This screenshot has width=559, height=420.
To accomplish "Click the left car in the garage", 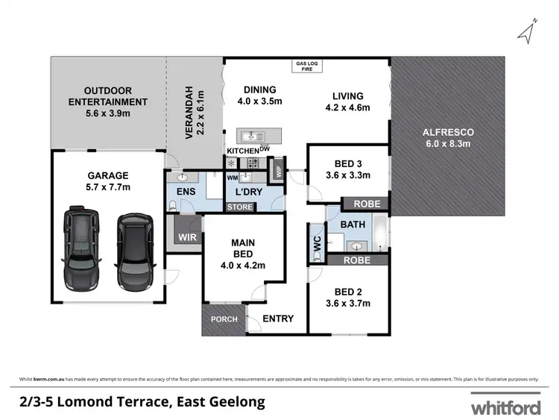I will point(80,250).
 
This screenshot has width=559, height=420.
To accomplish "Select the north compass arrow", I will point(528,30).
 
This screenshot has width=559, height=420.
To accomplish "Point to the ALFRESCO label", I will point(449,132).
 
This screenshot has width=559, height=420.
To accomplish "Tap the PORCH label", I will point(224,319).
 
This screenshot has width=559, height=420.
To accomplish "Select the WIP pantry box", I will point(279,169).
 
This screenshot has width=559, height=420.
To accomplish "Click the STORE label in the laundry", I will point(240,207).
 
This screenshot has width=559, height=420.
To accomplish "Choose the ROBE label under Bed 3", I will point(367,204).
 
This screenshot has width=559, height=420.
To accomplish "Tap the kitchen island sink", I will point(252,137).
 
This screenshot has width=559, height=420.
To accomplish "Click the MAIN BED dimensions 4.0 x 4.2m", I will point(244,265).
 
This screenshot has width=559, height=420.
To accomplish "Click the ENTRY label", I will point(277,319).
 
